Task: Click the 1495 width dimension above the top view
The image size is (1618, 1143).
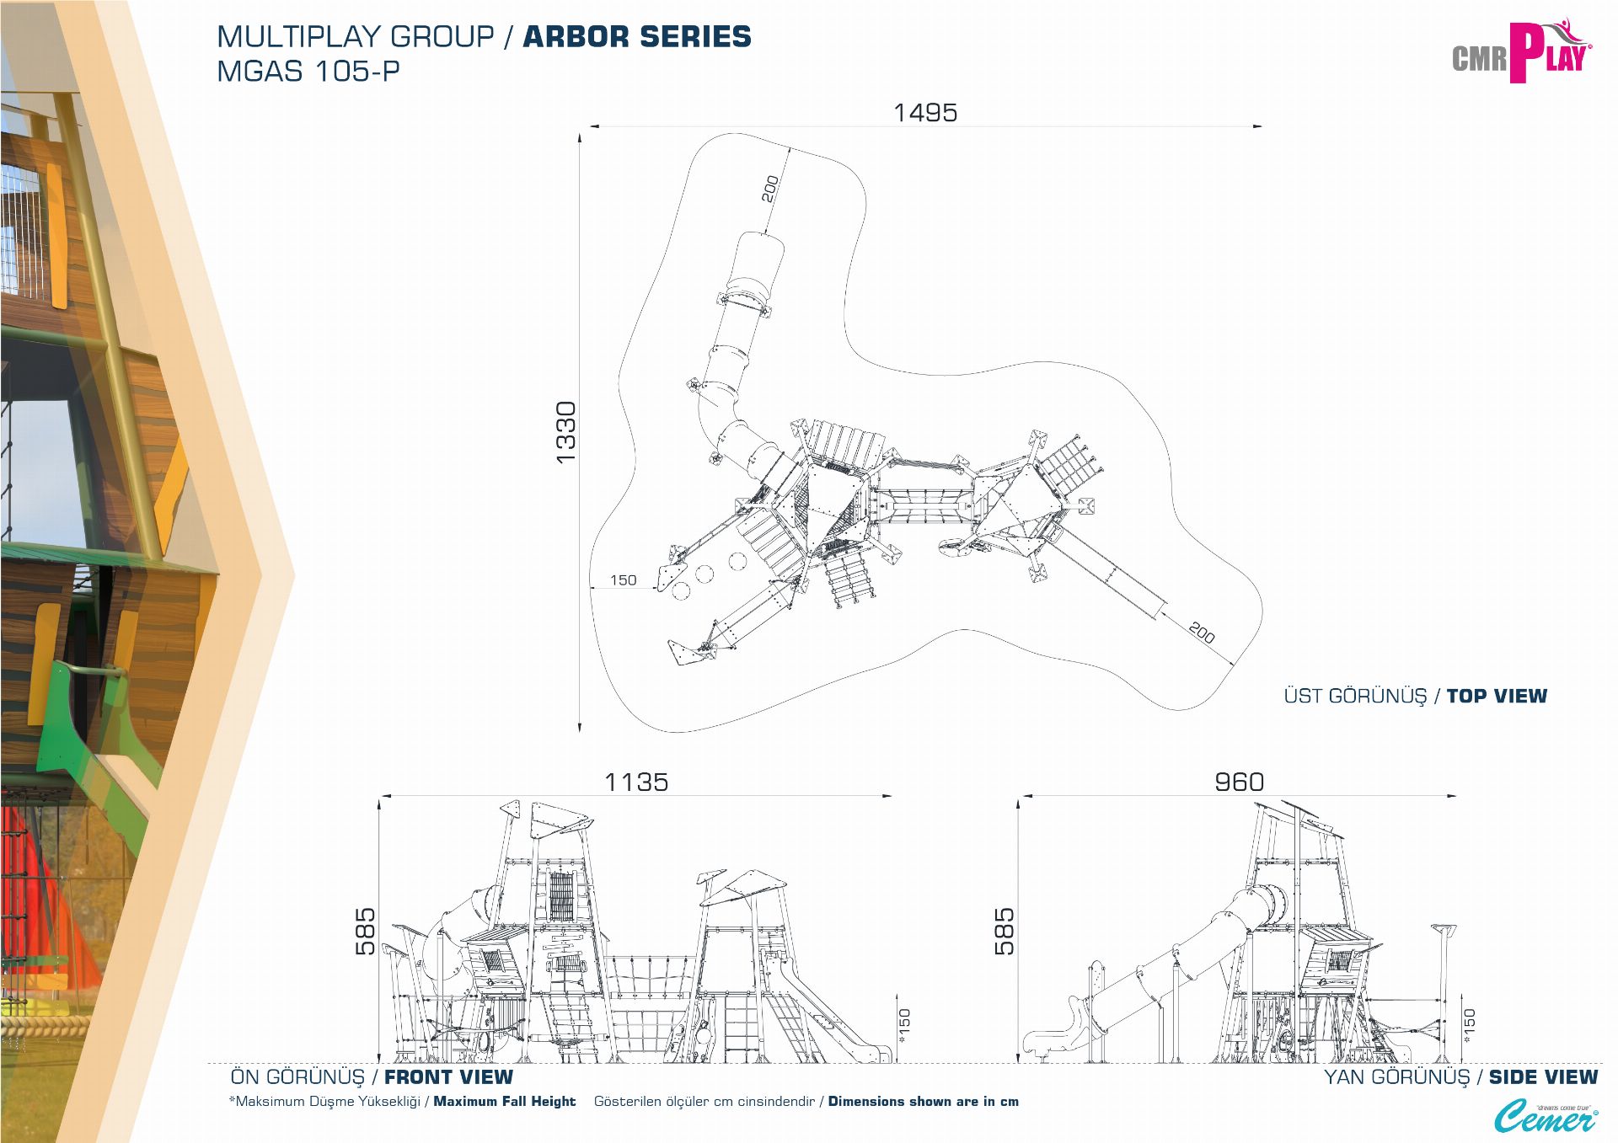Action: (x=925, y=113)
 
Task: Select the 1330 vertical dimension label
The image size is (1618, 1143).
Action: (x=565, y=432)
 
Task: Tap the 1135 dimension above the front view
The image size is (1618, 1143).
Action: (x=636, y=782)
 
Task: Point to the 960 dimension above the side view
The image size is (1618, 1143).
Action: (x=1239, y=782)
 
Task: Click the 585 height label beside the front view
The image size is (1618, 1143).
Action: (x=365, y=931)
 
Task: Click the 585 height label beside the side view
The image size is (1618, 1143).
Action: (x=1004, y=931)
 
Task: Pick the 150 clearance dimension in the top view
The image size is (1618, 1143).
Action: (x=623, y=580)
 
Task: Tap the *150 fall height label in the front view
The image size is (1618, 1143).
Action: (x=904, y=1026)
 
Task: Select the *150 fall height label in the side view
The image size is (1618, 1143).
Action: (x=1469, y=1026)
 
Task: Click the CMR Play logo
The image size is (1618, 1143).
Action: (x=1522, y=52)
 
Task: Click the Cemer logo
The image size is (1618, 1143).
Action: (x=1546, y=1117)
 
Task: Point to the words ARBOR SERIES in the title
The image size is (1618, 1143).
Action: (x=637, y=37)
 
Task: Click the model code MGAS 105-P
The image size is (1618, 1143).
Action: (x=308, y=72)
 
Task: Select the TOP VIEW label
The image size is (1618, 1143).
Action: (x=1497, y=696)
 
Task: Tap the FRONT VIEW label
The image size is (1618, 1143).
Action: (x=448, y=1077)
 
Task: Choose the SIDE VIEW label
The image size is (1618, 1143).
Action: (x=1543, y=1077)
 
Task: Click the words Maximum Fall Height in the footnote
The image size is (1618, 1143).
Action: (x=504, y=1101)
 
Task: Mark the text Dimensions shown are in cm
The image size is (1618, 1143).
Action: (x=924, y=1101)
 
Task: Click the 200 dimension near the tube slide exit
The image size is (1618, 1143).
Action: (x=770, y=189)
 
